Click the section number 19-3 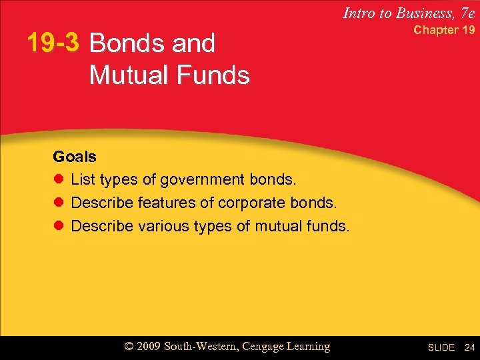tap(53, 43)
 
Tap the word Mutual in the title tap(134, 75)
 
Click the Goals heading tap(75, 157)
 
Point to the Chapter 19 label tap(444, 30)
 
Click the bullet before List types tap(58, 180)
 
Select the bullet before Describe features tap(58, 203)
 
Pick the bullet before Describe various tap(58, 226)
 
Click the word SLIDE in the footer tap(441, 347)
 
